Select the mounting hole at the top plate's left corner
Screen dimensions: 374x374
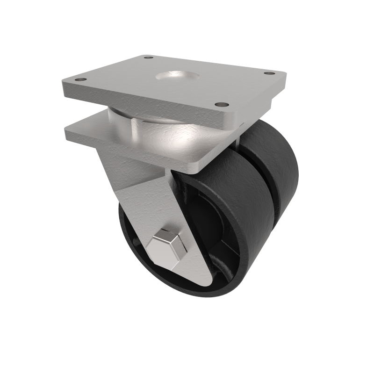(81, 80)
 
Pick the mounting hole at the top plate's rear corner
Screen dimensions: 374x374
(149, 58)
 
